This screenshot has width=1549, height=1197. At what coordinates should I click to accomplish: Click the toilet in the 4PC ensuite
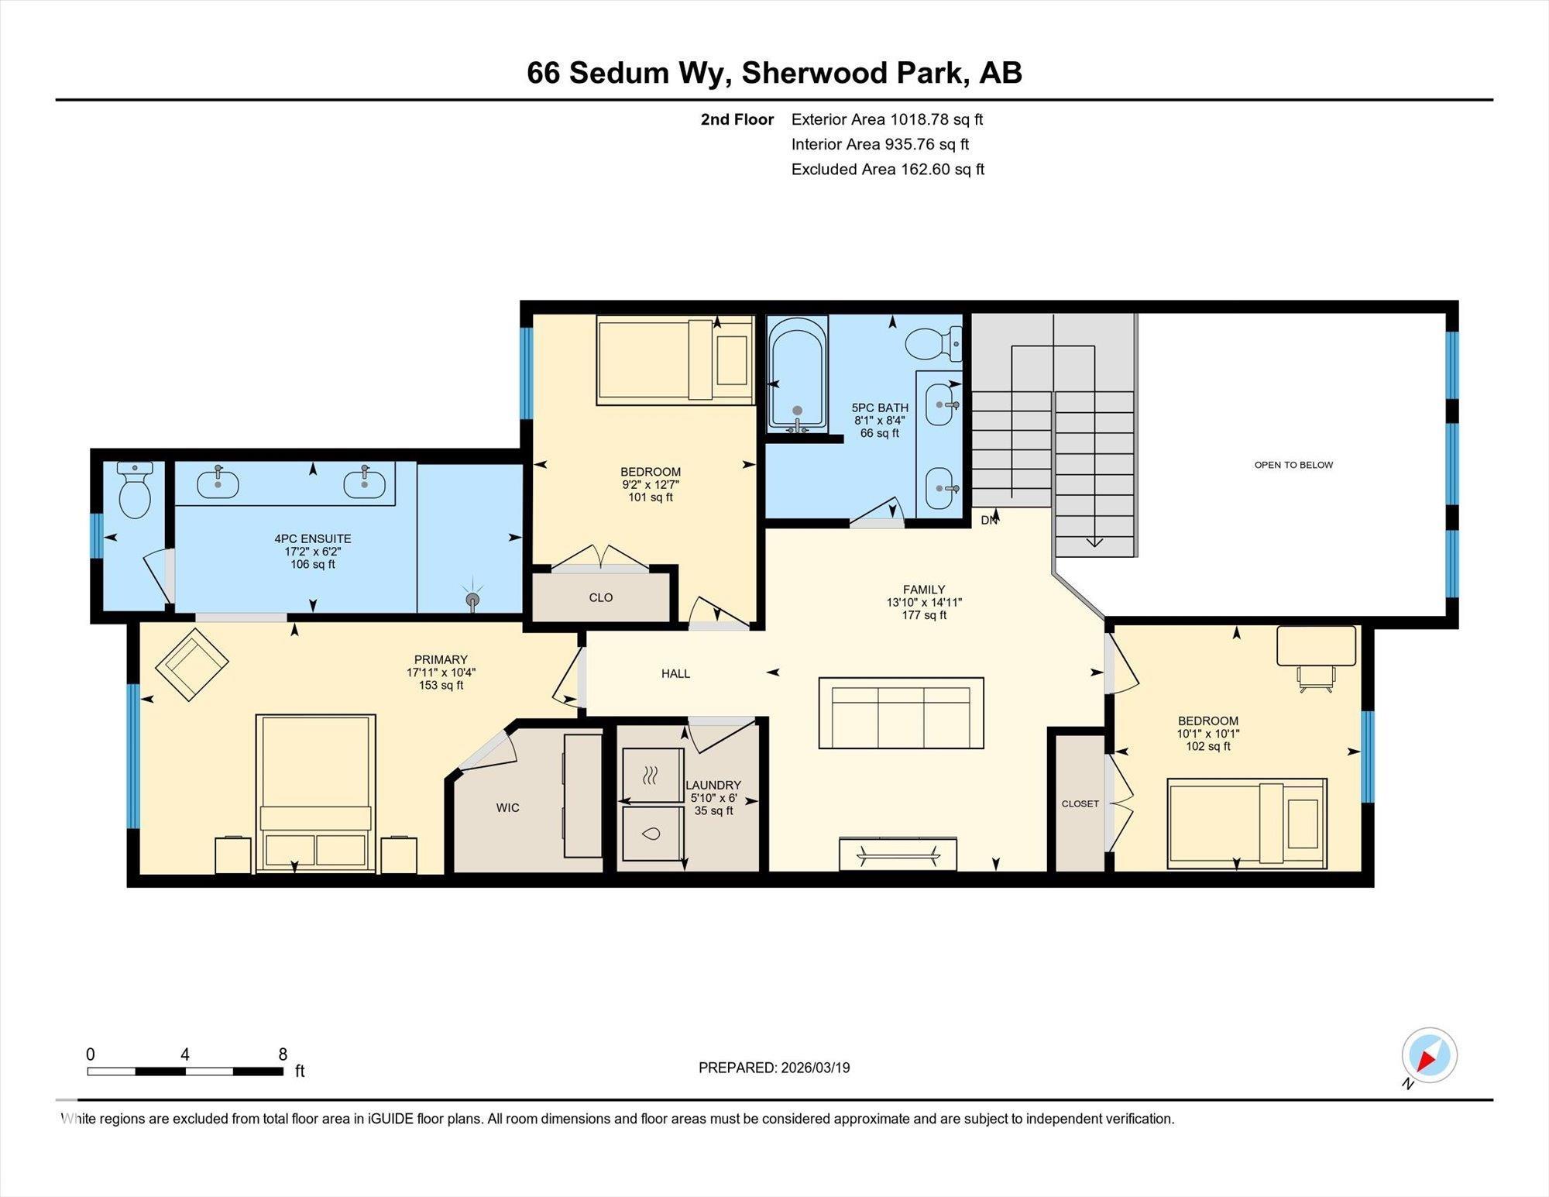(136, 490)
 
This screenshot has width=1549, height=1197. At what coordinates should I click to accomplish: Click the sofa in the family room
(902, 713)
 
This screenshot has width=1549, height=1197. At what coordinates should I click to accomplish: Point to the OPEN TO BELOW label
(1293, 465)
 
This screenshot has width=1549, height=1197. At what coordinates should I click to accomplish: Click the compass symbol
(1429, 1055)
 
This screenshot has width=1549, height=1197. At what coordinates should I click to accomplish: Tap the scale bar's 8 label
(283, 1054)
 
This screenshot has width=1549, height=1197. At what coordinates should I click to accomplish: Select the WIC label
(507, 808)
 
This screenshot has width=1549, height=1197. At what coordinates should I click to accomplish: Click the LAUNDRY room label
(713, 785)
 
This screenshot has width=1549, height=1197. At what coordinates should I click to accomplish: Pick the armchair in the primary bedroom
(192, 665)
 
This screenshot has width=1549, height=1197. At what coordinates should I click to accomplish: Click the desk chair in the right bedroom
(1317, 677)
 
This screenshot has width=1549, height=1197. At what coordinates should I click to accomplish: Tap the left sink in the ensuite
(218, 483)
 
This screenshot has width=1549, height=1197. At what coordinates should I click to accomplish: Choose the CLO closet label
(601, 597)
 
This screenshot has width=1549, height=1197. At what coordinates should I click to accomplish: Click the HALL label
(675, 674)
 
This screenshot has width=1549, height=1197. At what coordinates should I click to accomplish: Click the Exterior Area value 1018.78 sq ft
(936, 119)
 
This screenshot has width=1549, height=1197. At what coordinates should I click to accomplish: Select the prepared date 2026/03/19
(816, 1068)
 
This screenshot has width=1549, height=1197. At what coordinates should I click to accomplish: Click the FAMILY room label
(924, 590)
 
